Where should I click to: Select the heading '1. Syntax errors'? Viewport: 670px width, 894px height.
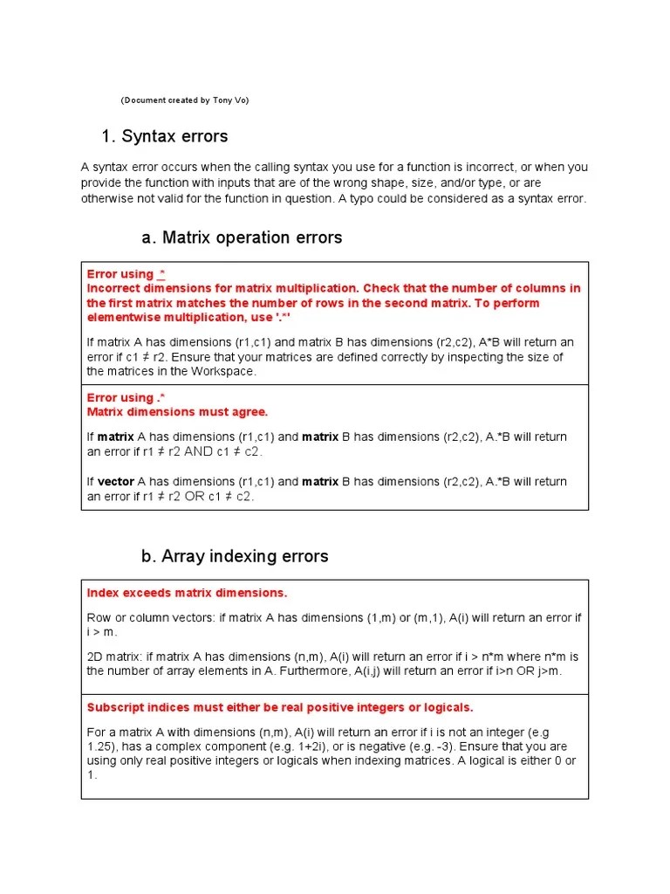tap(165, 136)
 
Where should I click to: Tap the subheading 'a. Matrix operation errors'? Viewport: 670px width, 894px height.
tap(242, 237)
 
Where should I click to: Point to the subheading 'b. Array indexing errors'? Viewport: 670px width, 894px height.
tap(235, 556)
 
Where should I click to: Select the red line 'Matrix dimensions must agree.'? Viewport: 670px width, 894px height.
tap(177, 412)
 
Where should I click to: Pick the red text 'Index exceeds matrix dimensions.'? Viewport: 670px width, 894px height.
tap(187, 593)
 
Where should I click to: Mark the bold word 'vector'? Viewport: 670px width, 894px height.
tap(115, 481)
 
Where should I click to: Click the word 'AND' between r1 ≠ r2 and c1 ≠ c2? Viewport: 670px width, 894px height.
tap(197, 451)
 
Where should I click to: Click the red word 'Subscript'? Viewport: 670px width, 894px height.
tap(115, 707)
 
